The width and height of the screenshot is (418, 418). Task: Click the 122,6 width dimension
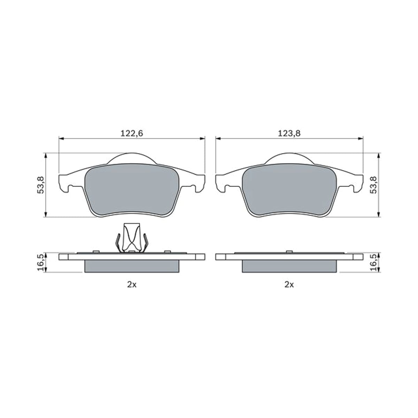click(x=132, y=133)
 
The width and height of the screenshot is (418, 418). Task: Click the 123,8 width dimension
click(x=289, y=133)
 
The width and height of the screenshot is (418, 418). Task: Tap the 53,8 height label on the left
click(x=41, y=185)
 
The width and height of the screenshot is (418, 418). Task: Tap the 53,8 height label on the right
click(x=373, y=185)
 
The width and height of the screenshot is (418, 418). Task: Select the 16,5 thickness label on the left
click(x=41, y=263)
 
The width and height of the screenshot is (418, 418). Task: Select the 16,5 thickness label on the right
click(x=373, y=263)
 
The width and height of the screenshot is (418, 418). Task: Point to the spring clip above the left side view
click(x=132, y=238)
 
